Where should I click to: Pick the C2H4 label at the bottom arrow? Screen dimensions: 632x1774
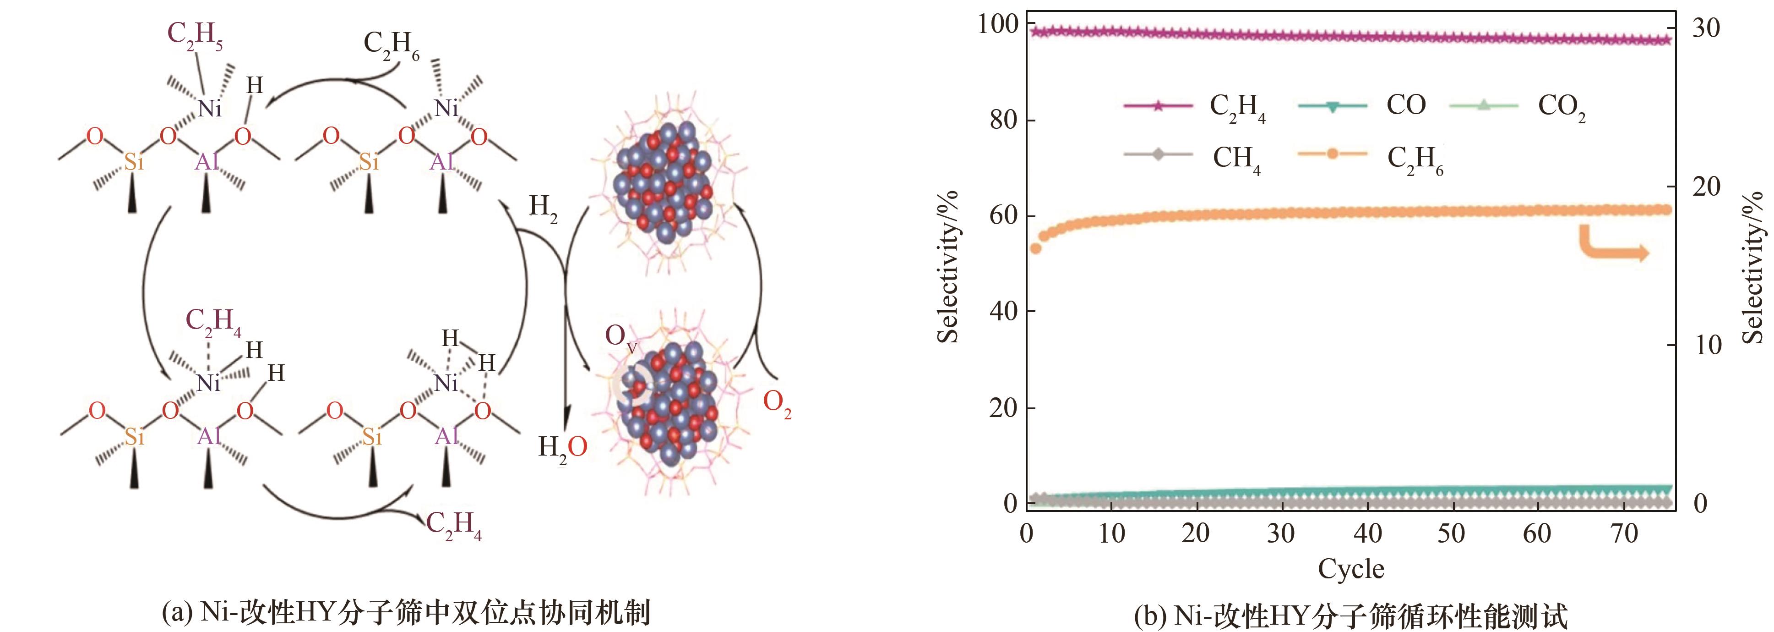[x=454, y=525]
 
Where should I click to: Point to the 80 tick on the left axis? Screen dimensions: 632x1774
[x=1003, y=120]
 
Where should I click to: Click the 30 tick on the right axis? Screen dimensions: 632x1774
[x=1706, y=28]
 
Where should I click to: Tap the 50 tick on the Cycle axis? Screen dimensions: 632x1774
[x=1451, y=533]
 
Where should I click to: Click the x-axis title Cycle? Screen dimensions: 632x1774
[x=1350, y=569]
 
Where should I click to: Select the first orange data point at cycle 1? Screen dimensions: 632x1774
[x=1035, y=248]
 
